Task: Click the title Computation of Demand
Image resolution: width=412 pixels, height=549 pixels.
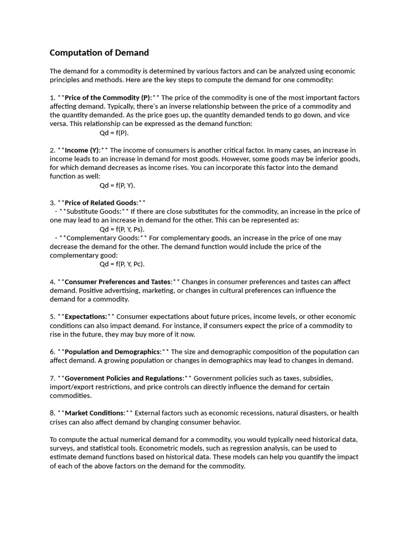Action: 99,53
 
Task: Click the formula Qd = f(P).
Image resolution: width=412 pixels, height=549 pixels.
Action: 114,132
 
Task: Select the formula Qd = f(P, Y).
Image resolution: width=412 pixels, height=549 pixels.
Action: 117,185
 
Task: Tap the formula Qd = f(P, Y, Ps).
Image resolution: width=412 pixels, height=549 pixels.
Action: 122,229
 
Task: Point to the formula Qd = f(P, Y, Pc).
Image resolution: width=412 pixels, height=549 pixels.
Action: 122,264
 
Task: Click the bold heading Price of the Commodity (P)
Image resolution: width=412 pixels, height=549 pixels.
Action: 108,98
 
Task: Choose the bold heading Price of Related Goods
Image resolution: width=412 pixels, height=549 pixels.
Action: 101,203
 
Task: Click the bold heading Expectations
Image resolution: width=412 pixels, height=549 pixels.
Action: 86,316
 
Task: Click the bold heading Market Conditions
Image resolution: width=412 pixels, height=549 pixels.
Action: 94,413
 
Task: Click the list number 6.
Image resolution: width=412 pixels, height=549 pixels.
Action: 53,352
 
